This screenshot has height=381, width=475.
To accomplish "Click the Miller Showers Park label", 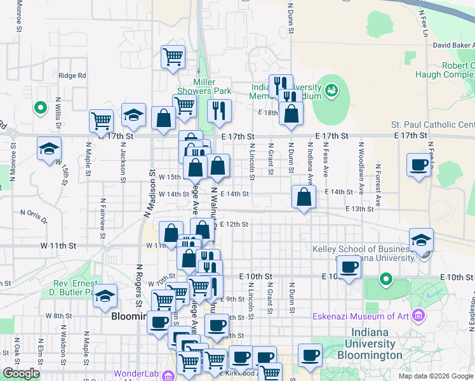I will (213, 87).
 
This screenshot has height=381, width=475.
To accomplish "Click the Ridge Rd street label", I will (72, 76).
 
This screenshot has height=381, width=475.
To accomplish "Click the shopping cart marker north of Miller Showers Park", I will (173, 57).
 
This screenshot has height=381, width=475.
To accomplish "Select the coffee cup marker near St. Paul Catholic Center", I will (418, 165).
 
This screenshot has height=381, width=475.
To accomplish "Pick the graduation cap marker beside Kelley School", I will (421, 240).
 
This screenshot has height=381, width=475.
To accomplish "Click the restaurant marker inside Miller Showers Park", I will (219, 110).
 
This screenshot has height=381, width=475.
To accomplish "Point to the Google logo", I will (21, 374).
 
